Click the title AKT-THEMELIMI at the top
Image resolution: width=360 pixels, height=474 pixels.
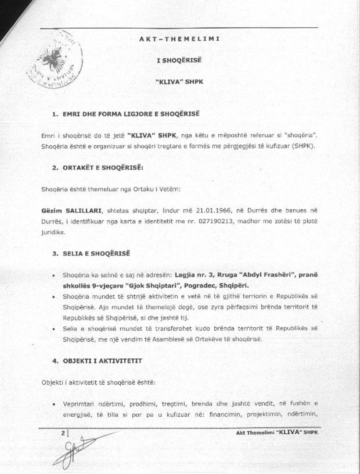179,38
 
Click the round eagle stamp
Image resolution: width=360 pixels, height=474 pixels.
55,60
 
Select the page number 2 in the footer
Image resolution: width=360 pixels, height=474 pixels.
63,433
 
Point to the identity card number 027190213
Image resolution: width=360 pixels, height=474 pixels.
217,221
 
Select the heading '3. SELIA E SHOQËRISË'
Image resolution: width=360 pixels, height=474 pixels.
91,254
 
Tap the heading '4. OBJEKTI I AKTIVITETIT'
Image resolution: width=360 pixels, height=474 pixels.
97,360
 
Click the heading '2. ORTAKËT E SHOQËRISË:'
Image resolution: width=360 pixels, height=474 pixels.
97,168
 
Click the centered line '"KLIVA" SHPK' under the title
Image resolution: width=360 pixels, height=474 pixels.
179,81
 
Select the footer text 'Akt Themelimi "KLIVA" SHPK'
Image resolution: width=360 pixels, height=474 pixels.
277,432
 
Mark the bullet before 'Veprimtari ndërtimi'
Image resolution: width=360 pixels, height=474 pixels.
55,404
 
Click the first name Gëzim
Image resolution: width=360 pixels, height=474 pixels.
51,210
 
